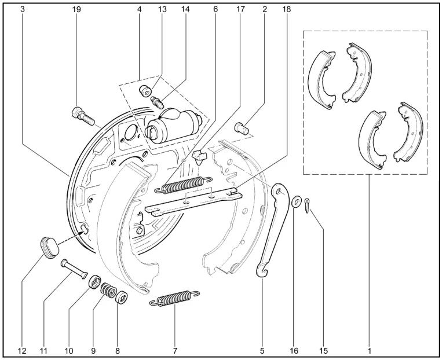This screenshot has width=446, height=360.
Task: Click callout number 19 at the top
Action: [x=76, y=9]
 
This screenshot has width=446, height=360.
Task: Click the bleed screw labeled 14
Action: [x=157, y=102]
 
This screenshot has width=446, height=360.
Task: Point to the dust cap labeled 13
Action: [x=145, y=92]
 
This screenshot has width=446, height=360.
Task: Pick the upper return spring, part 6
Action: [x=183, y=185]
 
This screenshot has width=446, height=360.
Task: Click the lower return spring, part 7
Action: [x=174, y=297]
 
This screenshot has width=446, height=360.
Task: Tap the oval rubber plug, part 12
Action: [x=49, y=247]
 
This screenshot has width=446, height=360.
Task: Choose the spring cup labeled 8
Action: [x=122, y=297]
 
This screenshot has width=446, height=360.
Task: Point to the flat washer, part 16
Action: [x=297, y=202]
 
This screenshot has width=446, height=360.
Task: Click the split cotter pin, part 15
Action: [x=307, y=205]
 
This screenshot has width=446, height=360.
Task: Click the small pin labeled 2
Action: [x=242, y=127]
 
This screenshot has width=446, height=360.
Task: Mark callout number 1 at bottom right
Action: [x=369, y=351]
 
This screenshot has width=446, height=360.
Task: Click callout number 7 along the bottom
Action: [x=175, y=351]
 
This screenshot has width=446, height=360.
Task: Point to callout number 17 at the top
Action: [x=240, y=9]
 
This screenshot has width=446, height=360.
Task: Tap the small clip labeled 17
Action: [x=200, y=156]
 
